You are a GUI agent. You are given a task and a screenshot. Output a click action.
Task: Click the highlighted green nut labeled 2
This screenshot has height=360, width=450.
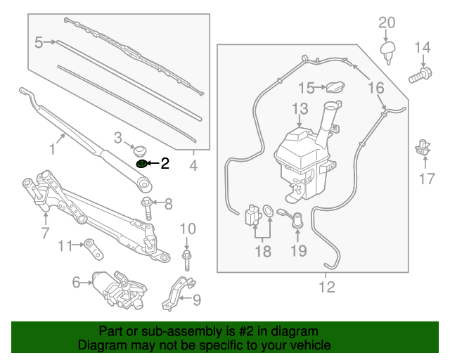[x=141, y=164]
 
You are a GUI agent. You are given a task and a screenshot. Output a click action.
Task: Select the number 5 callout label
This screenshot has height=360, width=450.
[x=39, y=43]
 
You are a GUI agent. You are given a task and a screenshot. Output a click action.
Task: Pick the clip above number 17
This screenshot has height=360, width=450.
[x=423, y=147]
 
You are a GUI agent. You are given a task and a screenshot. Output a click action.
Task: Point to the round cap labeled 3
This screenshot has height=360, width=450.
[x=139, y=150]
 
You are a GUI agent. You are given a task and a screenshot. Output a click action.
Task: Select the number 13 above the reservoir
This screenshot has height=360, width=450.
[x=300, y=109]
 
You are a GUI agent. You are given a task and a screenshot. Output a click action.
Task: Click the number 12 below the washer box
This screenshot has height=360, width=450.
[x=327, y=287]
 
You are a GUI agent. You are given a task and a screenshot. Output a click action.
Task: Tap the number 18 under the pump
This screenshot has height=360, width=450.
[x=262, y=251]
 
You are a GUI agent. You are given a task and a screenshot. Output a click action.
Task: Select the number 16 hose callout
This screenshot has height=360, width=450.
[x=376, y=88]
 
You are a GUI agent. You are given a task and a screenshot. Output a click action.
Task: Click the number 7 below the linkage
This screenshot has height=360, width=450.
[x=45, y=233]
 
